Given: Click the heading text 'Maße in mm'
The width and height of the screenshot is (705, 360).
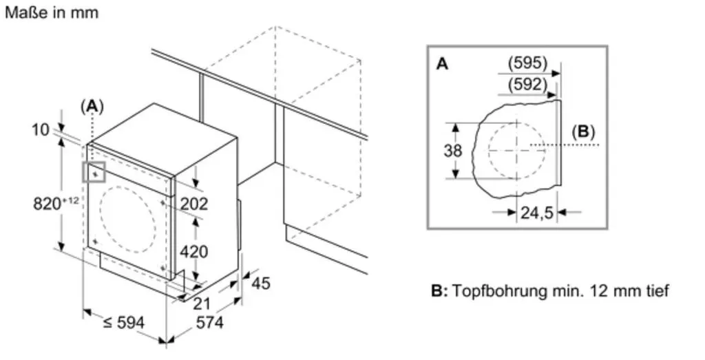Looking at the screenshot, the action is [51, 12].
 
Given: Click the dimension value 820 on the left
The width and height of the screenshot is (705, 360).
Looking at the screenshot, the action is [48, 204].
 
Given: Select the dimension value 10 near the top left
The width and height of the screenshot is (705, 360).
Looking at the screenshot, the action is [41, 129].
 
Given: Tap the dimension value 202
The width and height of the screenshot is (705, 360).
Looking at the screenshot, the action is [194, 204].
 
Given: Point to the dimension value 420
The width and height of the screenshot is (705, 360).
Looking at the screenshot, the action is [194, 252].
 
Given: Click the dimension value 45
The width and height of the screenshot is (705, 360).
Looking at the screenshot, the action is [261, 283].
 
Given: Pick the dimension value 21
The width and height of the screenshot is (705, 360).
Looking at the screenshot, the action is [202, 304].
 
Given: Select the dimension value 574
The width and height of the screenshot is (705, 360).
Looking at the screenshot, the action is [209, 322].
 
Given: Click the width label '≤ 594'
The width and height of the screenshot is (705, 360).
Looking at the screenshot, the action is [124, 322].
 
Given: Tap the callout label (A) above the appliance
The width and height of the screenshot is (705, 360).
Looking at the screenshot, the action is [92, 107].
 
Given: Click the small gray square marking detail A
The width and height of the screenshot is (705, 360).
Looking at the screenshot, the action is [94, 172].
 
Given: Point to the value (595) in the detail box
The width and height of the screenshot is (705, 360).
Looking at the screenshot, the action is [528, 63].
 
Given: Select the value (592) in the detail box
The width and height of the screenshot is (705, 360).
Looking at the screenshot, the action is [528, 85].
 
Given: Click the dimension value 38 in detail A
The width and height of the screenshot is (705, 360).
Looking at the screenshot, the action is [453, 151].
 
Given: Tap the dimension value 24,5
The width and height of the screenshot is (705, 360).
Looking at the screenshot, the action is [537, 212].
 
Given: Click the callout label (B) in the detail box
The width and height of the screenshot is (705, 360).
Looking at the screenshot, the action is [583, 131].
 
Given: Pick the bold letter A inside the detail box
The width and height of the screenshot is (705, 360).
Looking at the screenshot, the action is [443, 64].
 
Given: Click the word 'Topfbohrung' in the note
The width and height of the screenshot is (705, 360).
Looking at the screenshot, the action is [500, 290].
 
